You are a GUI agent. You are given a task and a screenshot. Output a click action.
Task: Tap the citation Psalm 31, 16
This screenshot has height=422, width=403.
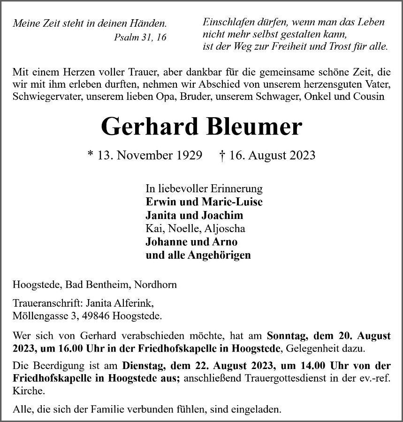pos(140,37)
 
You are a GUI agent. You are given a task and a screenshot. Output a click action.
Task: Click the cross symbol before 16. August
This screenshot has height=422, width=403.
pos(222,155)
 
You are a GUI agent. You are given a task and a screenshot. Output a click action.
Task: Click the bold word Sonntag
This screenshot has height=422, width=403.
pos(286,336)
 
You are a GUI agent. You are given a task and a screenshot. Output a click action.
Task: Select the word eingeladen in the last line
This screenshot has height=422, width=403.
pos(257,409)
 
